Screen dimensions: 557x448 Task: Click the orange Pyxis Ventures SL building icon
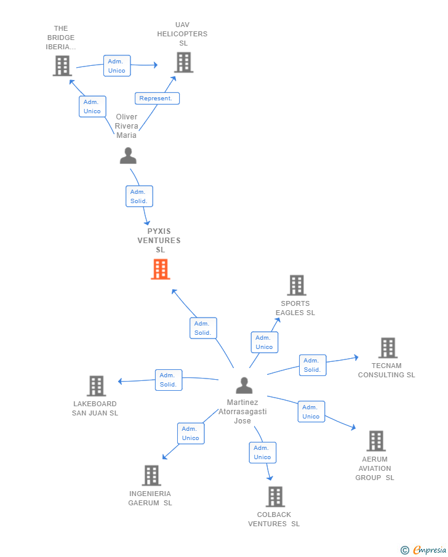click(160, 270)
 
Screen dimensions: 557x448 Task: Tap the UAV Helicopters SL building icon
click(183, 62)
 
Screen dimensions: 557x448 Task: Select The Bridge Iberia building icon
click(62, 66)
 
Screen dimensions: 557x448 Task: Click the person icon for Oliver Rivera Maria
click(128, 156)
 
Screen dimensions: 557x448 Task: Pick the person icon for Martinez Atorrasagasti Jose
click(244, 386)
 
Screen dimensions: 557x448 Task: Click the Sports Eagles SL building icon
click(297, 286)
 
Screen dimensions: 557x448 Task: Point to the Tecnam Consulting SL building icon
click(388, 348)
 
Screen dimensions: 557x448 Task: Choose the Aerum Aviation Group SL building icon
click(376, 441)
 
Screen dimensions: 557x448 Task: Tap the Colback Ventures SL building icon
click(275, 497)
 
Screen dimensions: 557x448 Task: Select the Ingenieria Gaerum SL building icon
click(151, 476)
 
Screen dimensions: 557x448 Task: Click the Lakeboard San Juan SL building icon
click(97, 386)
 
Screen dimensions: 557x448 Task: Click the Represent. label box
click(157, 98)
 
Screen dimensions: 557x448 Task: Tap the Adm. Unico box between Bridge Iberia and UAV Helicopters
click(116, 66)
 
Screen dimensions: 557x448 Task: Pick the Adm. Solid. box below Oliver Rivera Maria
click(139, 196)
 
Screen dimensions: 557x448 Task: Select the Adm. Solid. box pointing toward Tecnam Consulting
click(313, 365)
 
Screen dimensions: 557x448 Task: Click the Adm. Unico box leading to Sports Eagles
click(264, 342)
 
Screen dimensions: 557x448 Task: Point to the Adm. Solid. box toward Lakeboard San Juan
click(168, 380)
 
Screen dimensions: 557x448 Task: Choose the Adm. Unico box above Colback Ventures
click(262, 452)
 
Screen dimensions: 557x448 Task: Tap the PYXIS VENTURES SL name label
click(159, 241)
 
